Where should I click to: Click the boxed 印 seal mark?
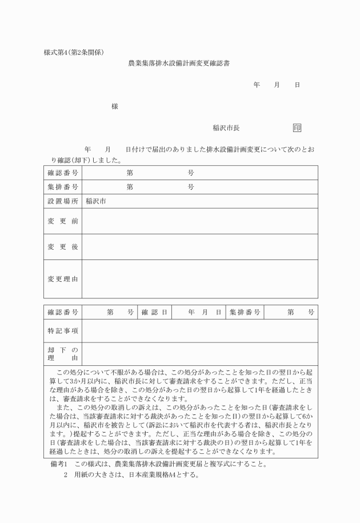pyautogui.click(x=297, y=128)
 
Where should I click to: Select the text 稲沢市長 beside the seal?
pyautogui.click(x=226, y=128)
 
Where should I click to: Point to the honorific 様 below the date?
pyautogui.click(x=115, y=106)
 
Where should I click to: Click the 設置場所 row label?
pyautogui.click(x=63, y=201)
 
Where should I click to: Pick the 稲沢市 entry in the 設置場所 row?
pyautogui.click(x=96, y=201)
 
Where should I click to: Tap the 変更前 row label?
pyautogui.click(x=63, y=221)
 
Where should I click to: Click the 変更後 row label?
pyautogui.click(x=63, y=246)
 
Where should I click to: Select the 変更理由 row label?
pyautogui.click(x=63, y=279)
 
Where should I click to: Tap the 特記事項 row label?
pyautogui.click(x=63, y=331)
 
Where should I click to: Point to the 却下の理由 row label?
pyautogui.click(x=63, y=354)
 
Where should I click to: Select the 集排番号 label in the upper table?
pyautogui.click(x=63, y=187)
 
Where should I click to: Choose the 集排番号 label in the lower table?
pyautogui.click(x=245, y=313)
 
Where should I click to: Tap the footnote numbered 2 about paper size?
pyautogui.click(x=131, y=475)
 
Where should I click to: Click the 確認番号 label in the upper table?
pyautogui.click(x=63, y=172)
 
